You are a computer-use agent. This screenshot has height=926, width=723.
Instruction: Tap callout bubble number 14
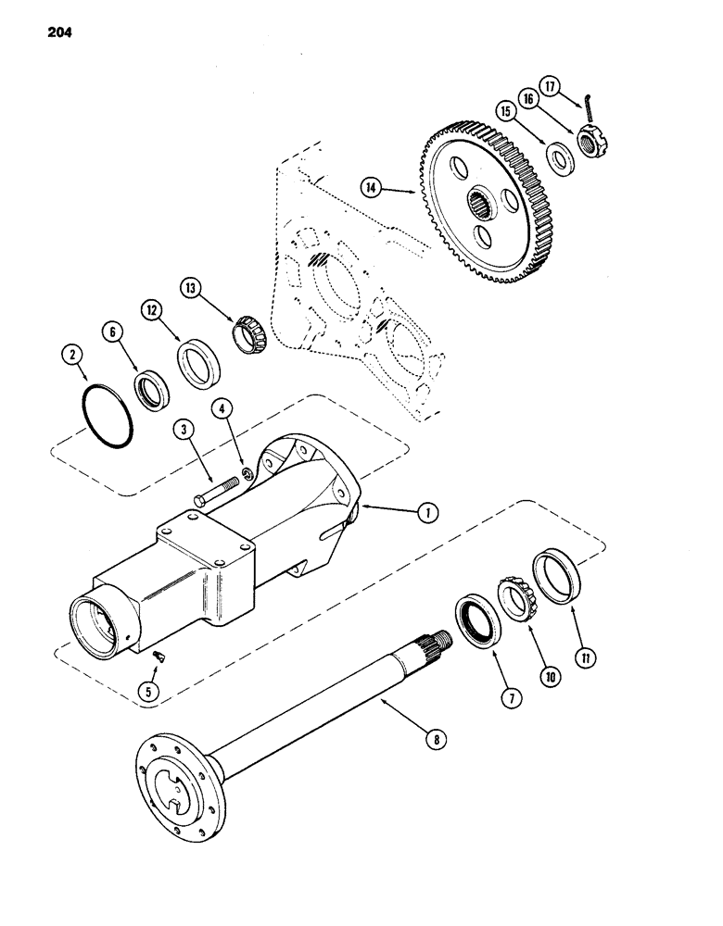click(x=374, y=189)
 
